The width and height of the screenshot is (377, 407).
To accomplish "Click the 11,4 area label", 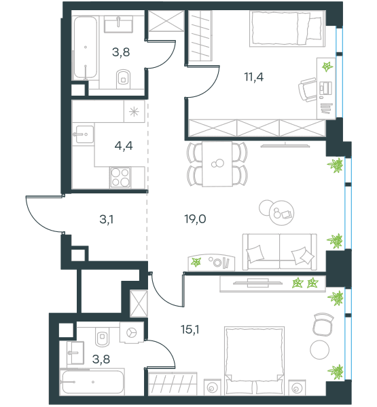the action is coord(254,77).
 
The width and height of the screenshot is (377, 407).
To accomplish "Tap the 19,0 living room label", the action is coord(195,219).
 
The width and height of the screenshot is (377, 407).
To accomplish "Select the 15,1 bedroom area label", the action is coord(190,330).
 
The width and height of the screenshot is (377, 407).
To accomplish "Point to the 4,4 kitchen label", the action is coord(124,146).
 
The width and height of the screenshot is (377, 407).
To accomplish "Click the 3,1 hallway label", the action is coord(107,220).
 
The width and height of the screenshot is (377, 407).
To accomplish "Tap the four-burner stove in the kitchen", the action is coord(120,178).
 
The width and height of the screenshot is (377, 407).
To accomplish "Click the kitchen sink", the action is coord(84,134).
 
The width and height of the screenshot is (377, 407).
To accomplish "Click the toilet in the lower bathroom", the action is coord(103,336).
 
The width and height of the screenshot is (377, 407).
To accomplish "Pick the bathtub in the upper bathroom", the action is coord(86,47).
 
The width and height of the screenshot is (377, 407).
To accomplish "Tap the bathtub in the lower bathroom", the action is coord(92,382).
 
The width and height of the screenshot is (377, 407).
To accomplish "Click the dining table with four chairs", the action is coord(217,164).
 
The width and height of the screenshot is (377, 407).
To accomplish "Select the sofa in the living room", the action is coord(279,252).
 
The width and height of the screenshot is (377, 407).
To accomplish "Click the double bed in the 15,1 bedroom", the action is coord(254,361).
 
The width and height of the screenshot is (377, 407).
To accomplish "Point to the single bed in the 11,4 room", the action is coord(287,28).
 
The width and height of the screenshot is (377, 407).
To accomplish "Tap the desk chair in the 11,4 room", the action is coord(307,90).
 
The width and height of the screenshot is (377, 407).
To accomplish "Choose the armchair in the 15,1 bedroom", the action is coord(323,325).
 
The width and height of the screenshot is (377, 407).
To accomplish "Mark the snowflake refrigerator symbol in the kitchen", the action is coord(134,112).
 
